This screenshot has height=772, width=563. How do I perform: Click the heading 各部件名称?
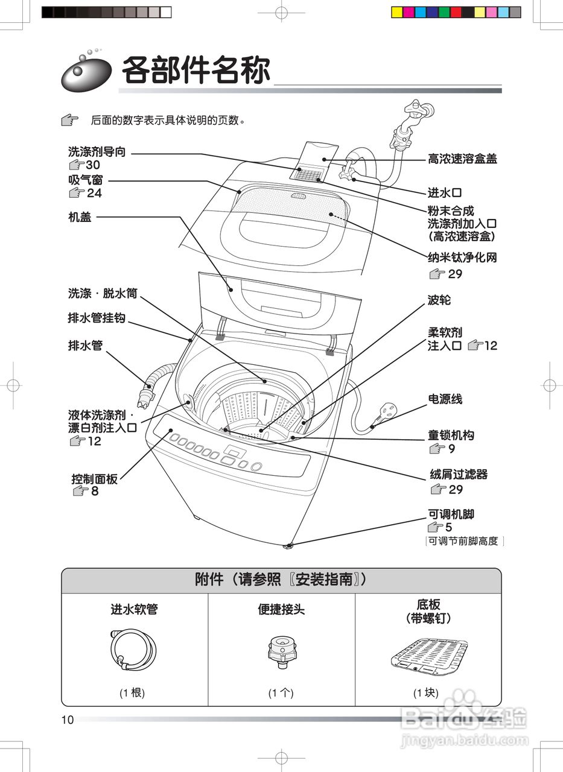pos(196,71)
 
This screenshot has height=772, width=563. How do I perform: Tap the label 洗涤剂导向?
pos(97,151)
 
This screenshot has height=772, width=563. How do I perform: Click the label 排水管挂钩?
pos(97,318)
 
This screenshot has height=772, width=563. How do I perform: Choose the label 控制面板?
pos(94,479)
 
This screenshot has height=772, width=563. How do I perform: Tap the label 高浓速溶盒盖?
pos(462,159)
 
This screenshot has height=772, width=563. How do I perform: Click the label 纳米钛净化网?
pos(462,258)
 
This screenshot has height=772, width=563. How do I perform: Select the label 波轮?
pos(439,300)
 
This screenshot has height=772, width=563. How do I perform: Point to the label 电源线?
pos(445,399)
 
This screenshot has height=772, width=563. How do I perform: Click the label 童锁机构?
pos(451,435)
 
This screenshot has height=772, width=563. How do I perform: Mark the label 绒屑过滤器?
pos(458,475)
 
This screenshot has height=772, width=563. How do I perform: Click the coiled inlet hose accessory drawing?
pos(133,651)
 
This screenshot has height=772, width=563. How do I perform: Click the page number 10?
pos(67,720)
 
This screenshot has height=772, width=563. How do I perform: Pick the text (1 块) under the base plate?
pos(426,693)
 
